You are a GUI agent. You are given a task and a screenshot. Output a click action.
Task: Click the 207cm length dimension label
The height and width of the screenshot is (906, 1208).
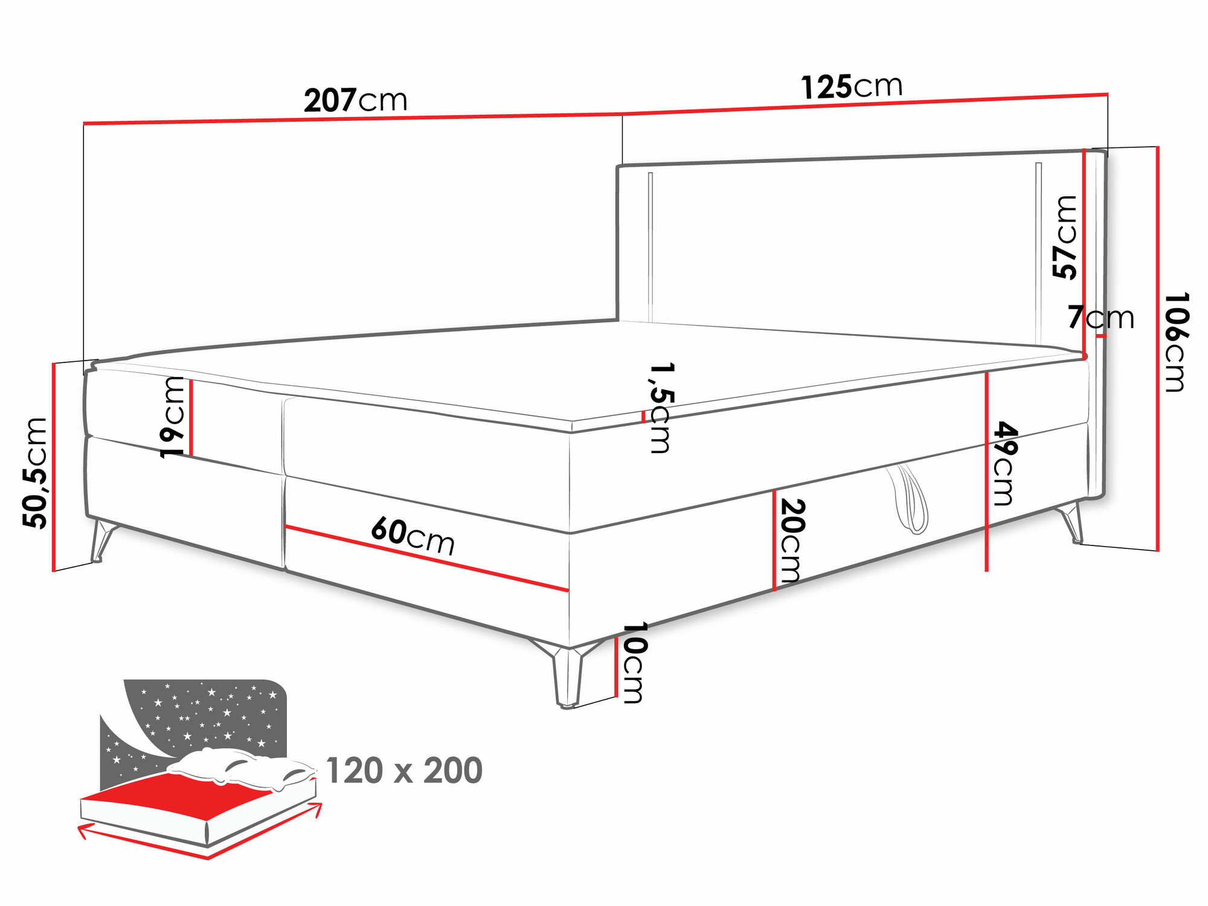click(356, 100)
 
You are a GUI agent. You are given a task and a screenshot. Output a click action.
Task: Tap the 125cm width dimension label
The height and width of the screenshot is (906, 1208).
click(852, 86)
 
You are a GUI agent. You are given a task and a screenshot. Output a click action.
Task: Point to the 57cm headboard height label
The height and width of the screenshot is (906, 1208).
click(1065, 237)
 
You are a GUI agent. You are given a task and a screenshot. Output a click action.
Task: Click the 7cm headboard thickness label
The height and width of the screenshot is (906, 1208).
click(1100, 317)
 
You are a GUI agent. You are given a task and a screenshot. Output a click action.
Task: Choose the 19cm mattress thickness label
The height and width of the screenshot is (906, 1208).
click(173, 417)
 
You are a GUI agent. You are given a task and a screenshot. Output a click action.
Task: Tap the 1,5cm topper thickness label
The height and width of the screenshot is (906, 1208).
click(661, 408)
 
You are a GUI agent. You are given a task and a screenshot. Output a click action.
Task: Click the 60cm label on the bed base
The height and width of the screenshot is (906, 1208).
click(413, 536)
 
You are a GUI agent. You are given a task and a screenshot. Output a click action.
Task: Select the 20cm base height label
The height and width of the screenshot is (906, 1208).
click(791, 541)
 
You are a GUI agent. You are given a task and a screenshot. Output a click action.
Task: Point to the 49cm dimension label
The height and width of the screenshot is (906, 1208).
click(1005, 463)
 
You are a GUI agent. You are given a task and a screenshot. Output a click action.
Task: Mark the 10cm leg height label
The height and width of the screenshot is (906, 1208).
click(634, 663)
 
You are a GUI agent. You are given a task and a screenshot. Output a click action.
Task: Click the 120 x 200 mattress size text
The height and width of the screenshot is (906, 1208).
click(404, 771)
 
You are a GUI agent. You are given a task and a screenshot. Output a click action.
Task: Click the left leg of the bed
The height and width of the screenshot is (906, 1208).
click(100, 541)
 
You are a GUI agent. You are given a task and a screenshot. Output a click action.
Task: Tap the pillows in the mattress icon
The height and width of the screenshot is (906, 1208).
click(242, 766)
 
